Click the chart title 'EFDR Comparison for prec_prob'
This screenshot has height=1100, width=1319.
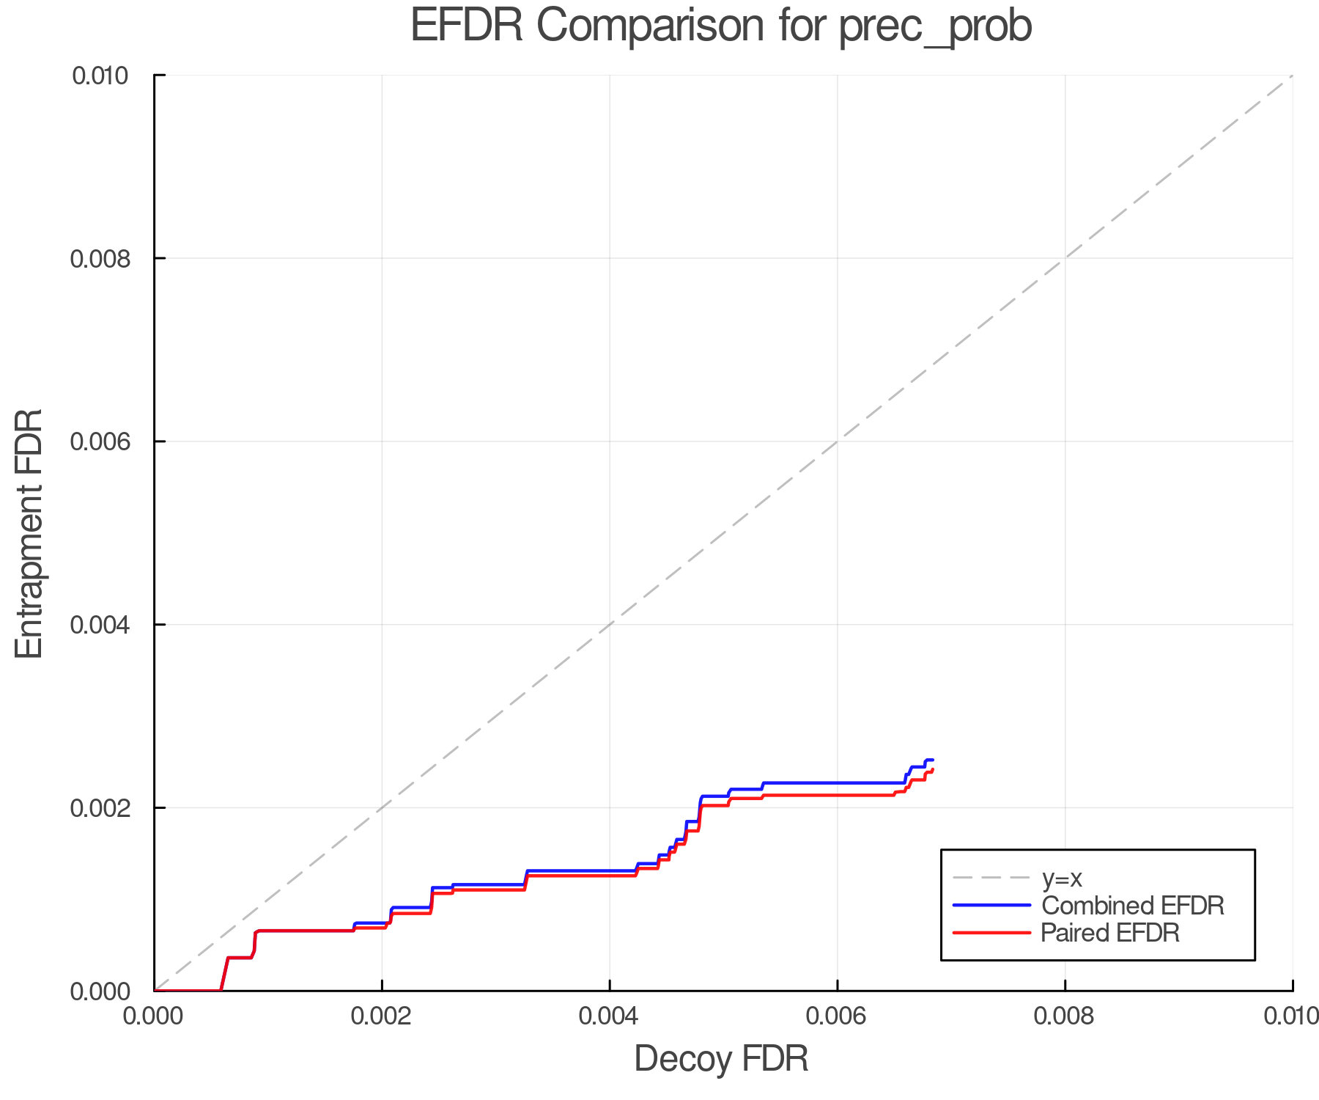721,26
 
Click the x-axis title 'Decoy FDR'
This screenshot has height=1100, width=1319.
721,1059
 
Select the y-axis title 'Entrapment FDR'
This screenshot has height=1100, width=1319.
29,533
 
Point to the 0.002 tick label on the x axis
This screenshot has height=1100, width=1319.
382,1016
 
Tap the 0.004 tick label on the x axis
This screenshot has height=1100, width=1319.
610,1016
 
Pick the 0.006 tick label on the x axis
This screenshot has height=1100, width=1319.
838,1016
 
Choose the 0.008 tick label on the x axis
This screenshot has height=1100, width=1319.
1065,1016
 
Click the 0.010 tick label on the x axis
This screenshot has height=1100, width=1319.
1291,1016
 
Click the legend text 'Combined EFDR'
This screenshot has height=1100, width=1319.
1133,906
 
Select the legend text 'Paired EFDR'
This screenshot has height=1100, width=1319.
1110,933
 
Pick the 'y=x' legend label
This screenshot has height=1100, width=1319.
1062,878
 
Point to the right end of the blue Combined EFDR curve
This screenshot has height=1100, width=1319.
933,760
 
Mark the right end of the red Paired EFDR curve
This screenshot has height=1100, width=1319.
933,769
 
